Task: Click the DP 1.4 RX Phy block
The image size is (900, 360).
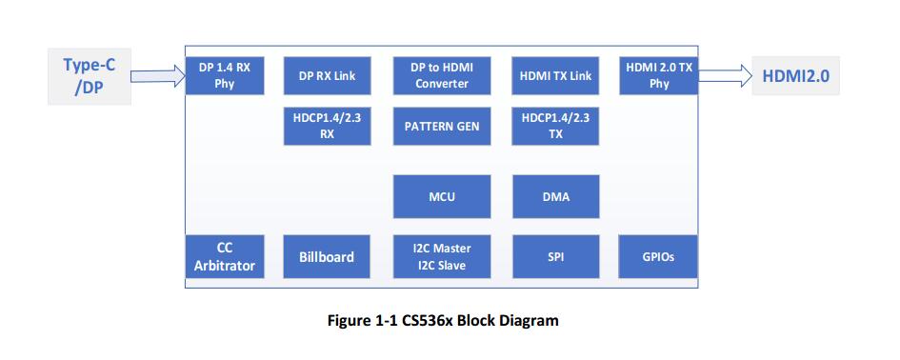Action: pos(225,75)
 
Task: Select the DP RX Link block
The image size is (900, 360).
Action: pos(327,75)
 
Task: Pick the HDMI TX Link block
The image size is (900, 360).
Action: pos(556,75)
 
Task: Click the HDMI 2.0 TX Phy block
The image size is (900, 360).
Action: pos(660,75)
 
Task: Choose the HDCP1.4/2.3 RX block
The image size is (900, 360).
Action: pos(327,126)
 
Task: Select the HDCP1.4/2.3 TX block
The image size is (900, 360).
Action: pos(556,126)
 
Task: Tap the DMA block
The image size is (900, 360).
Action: pos(556,197)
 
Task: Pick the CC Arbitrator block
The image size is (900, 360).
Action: pos(225,256)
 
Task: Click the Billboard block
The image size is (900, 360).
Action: pos(327,256)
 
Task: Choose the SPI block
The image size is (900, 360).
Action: pos(556,256)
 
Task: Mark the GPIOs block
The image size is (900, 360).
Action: pos(659,256)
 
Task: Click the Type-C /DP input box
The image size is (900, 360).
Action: pos(89,76)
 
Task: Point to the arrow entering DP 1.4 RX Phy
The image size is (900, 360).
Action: pos(156,76)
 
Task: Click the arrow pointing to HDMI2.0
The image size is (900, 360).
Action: pos(726,76)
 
